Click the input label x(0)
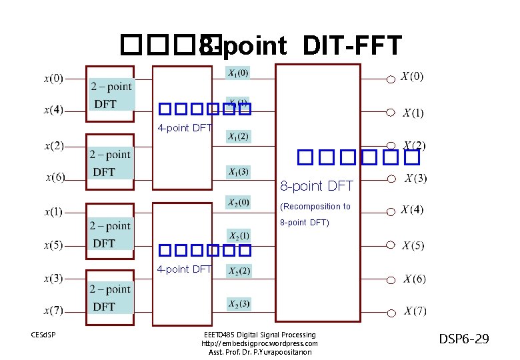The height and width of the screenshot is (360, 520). coord(54,79)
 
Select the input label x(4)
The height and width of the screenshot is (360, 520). coord(54,111)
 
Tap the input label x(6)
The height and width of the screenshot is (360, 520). coord(55,177)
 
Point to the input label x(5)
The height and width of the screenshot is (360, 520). coord(54,245)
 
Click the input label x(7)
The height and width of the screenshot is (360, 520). coord(54,310)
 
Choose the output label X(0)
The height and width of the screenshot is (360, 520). coord(412,77)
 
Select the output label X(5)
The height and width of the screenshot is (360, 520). coord(412,245)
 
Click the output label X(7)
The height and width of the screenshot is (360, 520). coord(413,311)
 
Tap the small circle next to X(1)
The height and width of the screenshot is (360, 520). coord(391,113)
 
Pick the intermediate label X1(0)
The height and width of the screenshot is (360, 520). coord(238,72)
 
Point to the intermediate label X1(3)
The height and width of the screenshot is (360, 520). coord(238,172)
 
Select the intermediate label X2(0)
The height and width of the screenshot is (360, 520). coord(238,202)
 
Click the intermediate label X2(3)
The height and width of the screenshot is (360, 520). coord(239,304)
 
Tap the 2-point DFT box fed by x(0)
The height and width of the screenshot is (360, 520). coord(111,94)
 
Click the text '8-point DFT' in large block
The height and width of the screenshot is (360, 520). coord(316,185)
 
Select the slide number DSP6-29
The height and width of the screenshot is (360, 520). coord(464,339)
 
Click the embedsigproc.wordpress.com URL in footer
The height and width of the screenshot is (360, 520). coord(259,343)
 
